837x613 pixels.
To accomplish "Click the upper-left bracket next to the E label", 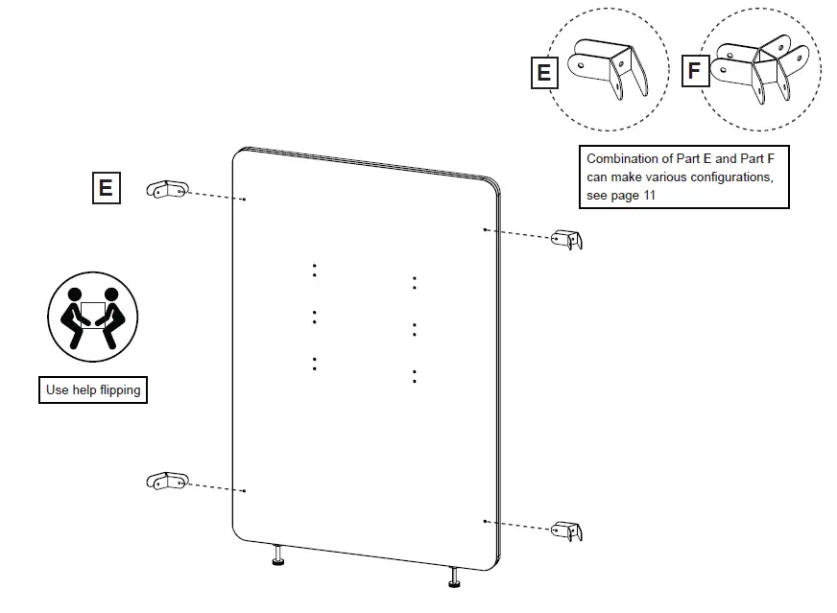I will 166,190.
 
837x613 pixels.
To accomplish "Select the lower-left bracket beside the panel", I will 166,482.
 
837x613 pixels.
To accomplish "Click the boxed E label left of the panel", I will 105,187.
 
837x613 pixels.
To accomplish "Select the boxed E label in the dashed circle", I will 543,72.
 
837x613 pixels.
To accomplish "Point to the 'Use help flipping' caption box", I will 93,389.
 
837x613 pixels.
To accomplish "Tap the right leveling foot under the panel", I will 453,578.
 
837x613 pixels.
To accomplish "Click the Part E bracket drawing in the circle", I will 607,67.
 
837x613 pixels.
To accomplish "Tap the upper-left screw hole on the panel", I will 245,200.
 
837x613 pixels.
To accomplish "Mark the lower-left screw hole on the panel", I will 245,490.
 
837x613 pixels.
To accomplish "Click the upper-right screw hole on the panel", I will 486,230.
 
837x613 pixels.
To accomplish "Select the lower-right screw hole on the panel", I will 486,521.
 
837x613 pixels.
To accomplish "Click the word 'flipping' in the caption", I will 120,389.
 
